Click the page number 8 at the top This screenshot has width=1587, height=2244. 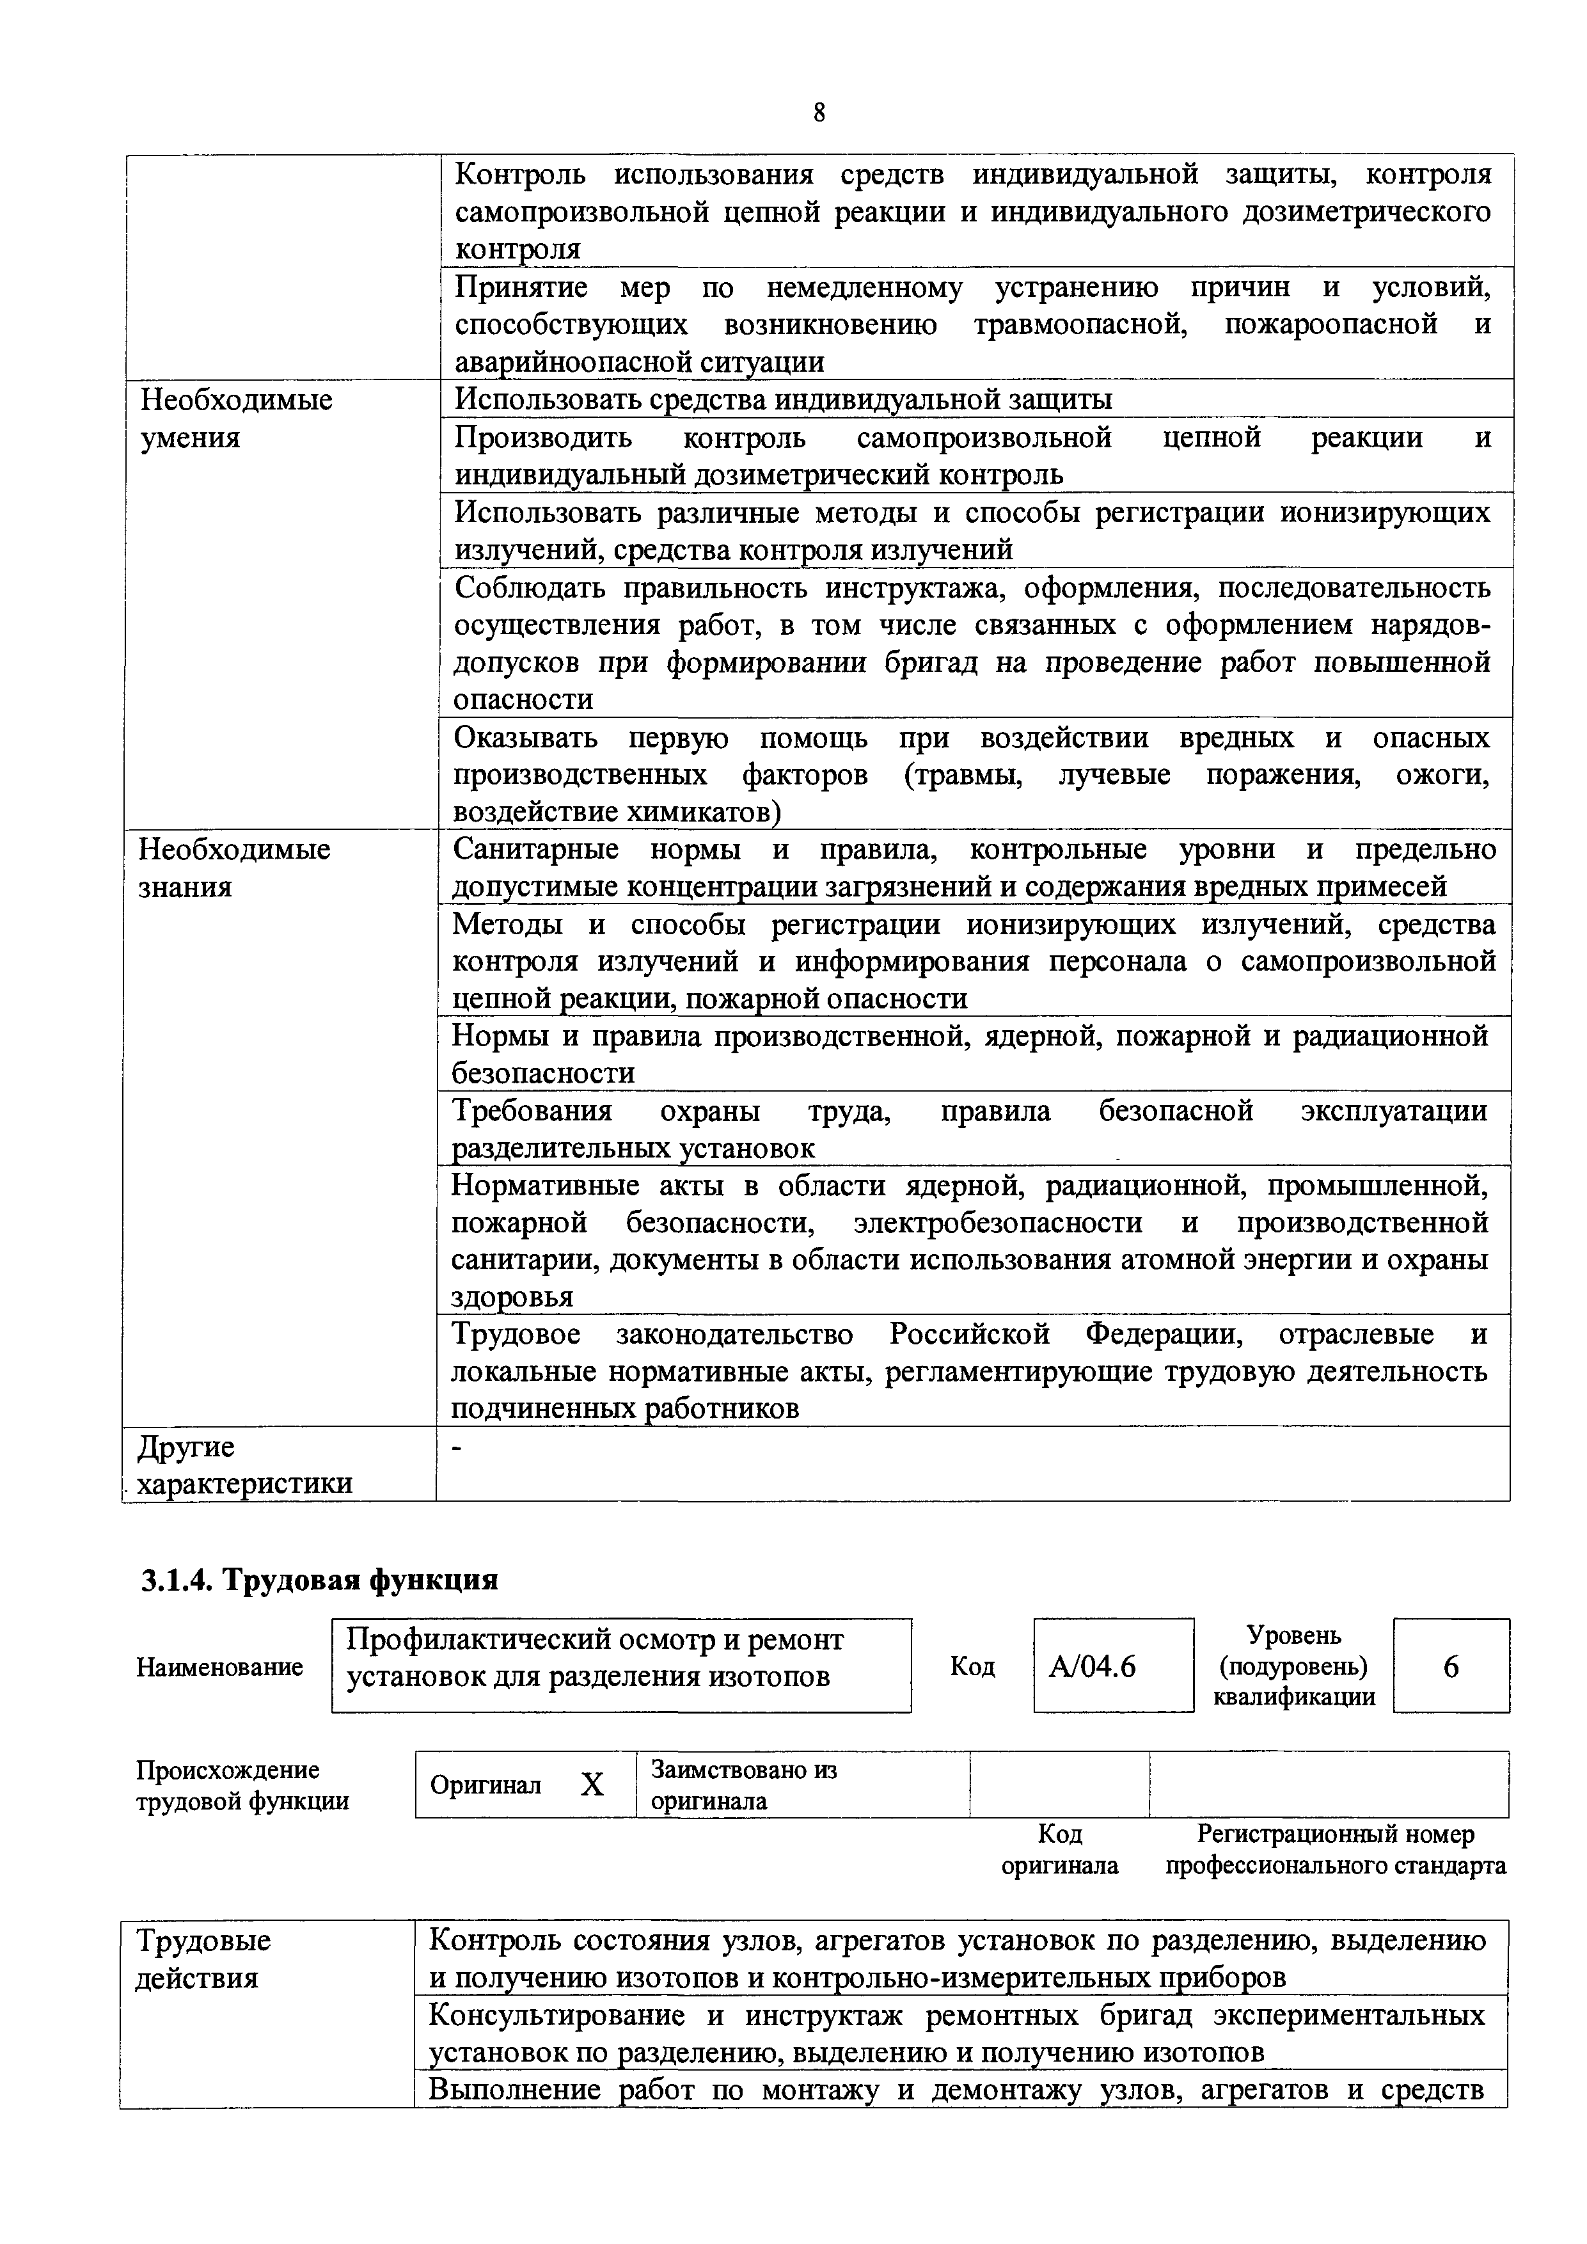pos(819,113)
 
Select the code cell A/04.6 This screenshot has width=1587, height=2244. pos(1113,1666)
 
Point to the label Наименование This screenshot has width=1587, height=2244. pos(220,1666)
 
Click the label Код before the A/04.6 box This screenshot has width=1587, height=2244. pos(972,1666)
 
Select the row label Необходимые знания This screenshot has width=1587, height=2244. pos(235,868)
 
